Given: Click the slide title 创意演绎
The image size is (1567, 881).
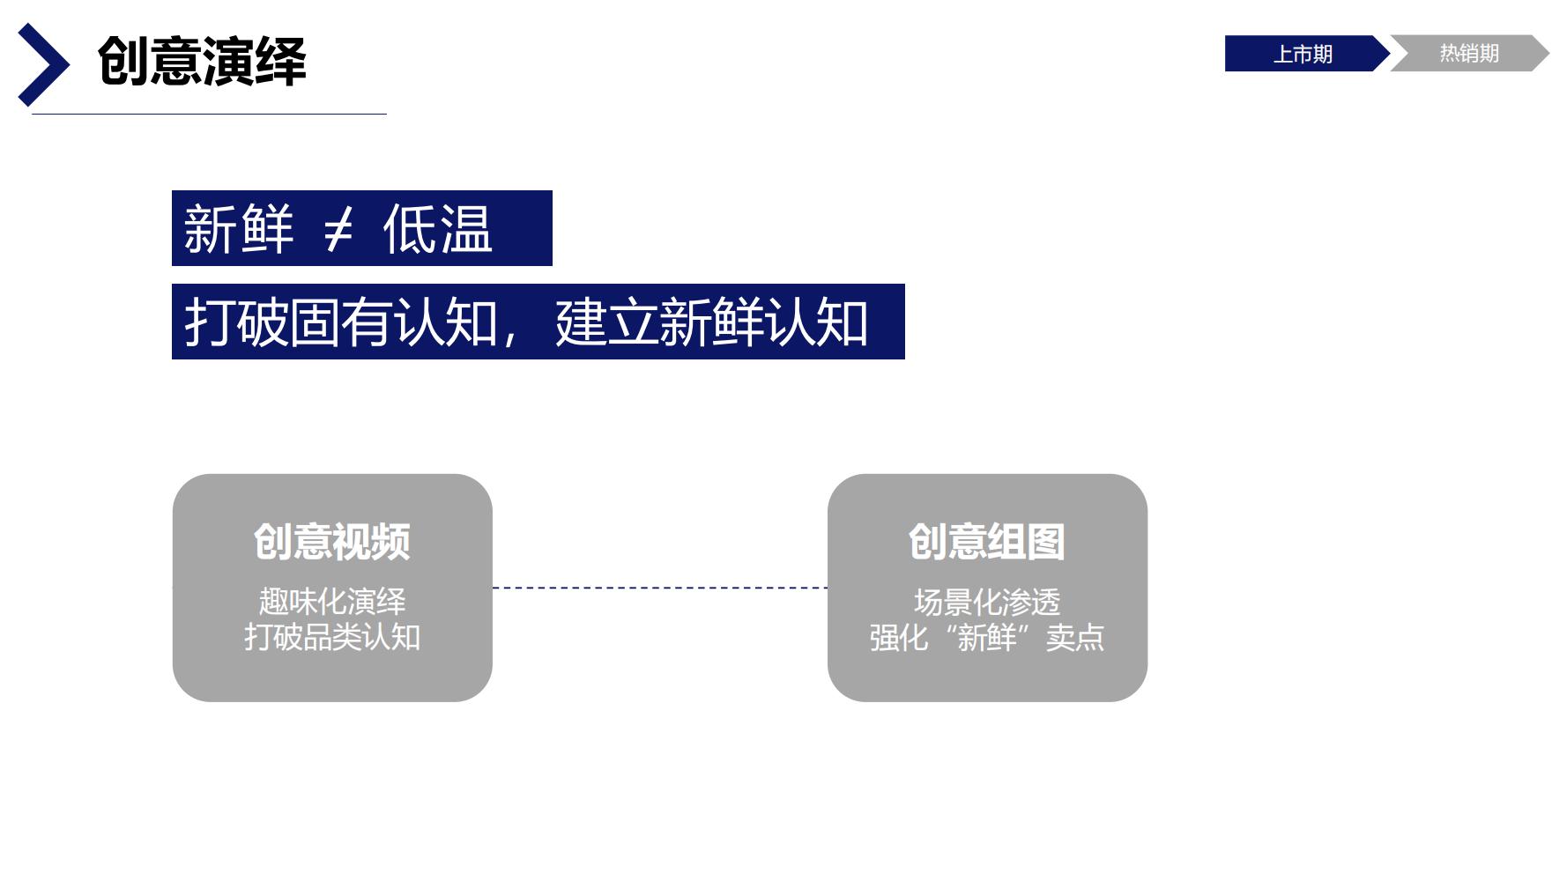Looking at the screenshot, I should click(202, 62).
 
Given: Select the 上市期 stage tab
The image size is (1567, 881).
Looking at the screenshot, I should click(1302, 54).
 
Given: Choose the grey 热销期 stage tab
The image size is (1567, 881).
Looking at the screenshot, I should click(1468, 54).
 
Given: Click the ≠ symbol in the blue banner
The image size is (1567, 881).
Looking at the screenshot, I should click(338, 230).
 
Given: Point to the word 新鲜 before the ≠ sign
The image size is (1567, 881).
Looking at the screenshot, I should click(238, 229).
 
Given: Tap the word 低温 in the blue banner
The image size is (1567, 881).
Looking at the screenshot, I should click(437, 229).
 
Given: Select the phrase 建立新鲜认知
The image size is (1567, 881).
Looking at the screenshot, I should click(711, 322).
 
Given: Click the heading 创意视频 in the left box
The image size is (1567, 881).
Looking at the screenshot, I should click(332, 541).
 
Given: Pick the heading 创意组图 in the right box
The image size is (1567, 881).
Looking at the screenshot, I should click(987, 541).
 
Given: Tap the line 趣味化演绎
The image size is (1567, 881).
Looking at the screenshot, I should click(332, 602).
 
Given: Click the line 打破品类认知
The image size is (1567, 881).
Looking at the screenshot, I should click(332, 637).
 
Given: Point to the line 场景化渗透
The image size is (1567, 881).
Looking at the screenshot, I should click(987, 603).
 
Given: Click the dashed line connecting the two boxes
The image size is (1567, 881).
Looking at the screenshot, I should click(659, 588).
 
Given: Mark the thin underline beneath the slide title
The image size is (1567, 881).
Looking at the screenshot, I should click(209, 114).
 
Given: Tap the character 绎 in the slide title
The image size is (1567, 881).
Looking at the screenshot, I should click(281, 62).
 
